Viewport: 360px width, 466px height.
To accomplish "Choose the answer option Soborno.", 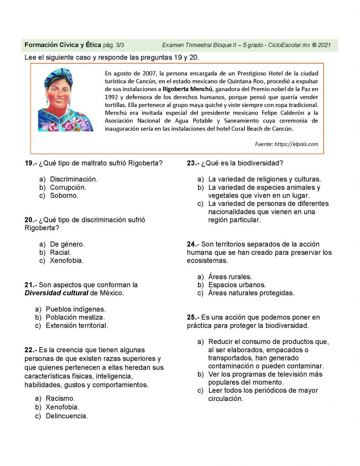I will point(64,196).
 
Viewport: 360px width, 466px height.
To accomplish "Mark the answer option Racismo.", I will point(60,399).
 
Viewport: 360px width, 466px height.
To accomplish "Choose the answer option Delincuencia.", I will point(66,416).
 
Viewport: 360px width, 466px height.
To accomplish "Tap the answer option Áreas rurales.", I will point(230,277).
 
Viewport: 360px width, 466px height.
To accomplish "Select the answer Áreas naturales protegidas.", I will point(251,293).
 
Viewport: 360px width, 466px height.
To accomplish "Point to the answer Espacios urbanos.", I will point(237,285).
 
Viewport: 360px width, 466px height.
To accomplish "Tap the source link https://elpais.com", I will point(296,144).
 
